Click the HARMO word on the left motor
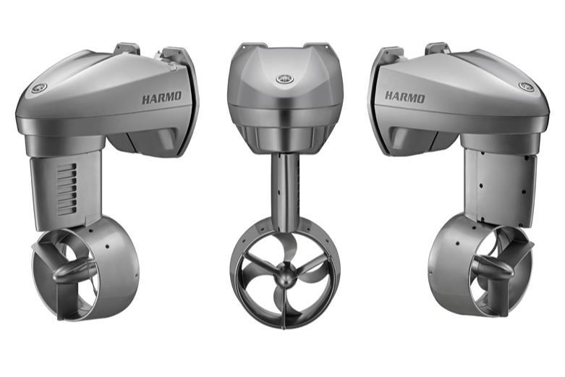click(x=162, y=97)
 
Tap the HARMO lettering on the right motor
click(x=404, y=96)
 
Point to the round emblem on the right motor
click(x=526, y=86)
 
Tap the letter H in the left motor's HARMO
click(x=146, y=98)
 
